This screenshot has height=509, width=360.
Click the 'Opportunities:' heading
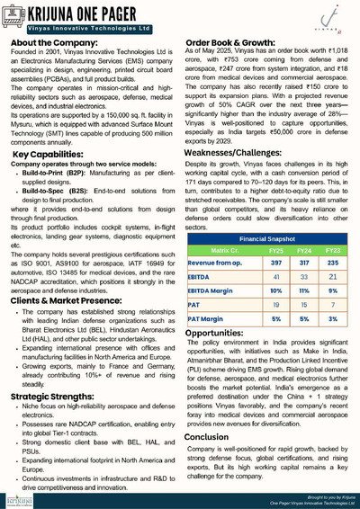click(x=223, y=332)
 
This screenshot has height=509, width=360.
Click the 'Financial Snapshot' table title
click(x=268, y=239)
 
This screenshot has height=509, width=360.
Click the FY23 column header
click(x=331, y=249)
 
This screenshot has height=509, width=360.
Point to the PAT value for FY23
click(x=331, y=306)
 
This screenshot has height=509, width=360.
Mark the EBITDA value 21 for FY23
click(x=331, y=279)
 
